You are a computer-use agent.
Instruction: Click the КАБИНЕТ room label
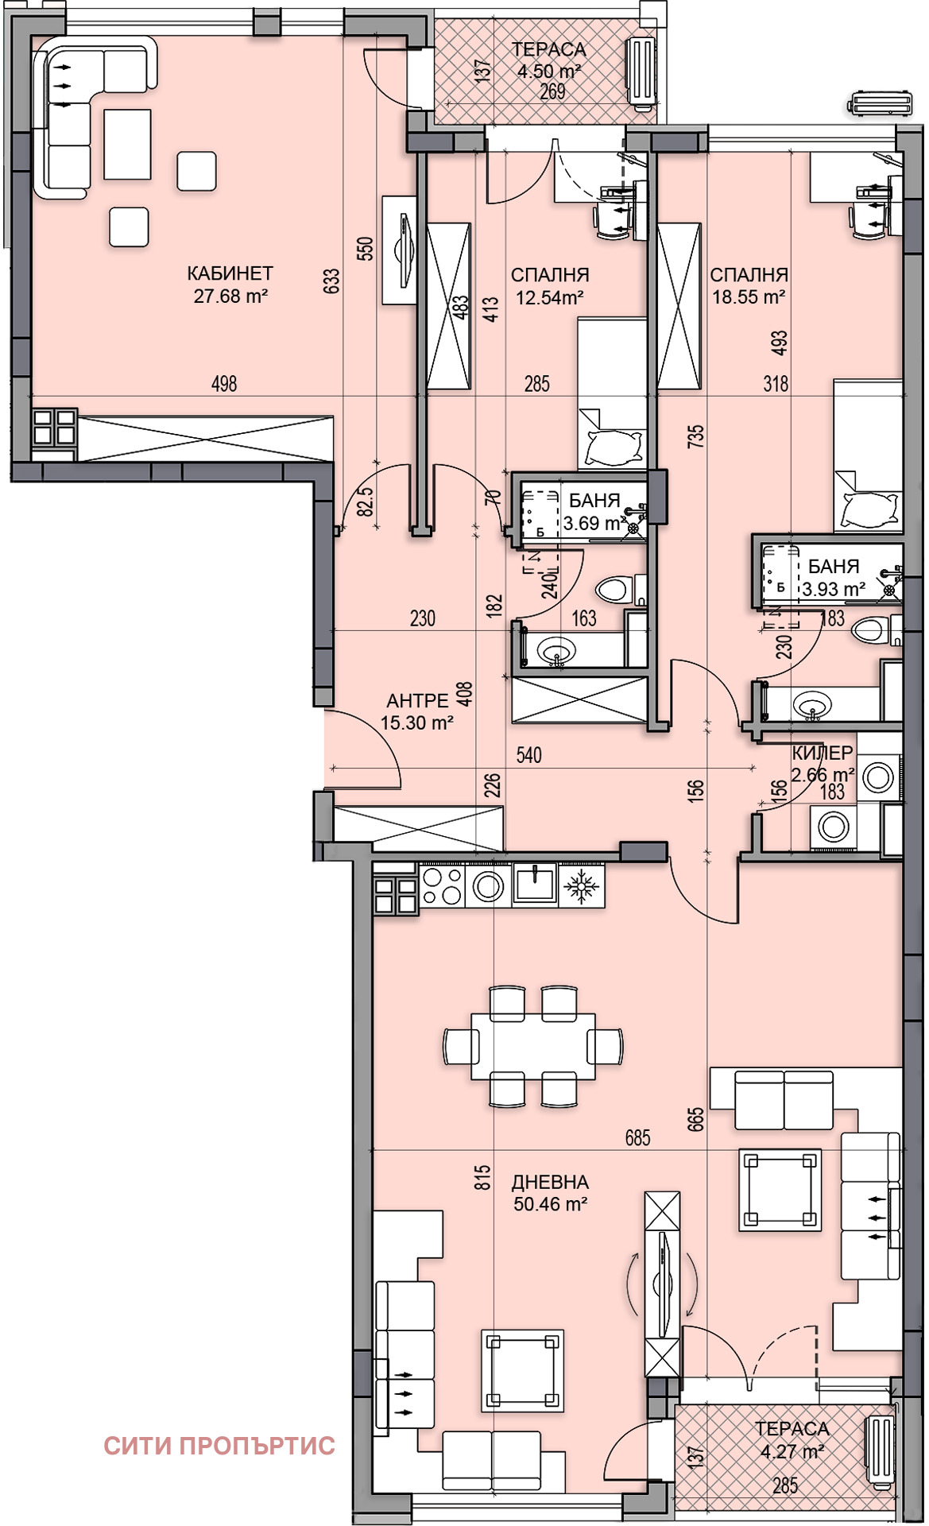pos(230,273)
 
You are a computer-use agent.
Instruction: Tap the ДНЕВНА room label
pos(550,1182)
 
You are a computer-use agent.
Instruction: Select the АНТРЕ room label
pos(417,700)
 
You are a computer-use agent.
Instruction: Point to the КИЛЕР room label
pos(823,753)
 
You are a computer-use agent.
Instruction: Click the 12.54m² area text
pos(550,298)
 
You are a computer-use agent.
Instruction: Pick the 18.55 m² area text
pos(749,297)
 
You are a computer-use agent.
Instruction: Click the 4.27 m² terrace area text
pos(792,1452)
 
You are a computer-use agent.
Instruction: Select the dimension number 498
pos(224,384)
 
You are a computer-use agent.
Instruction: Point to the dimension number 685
pos(637,1137)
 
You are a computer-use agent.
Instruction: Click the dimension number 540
pos(528,754)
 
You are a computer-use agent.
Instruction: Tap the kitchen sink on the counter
pos(535,884)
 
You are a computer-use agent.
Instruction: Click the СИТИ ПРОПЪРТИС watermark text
pos(219,1445)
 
